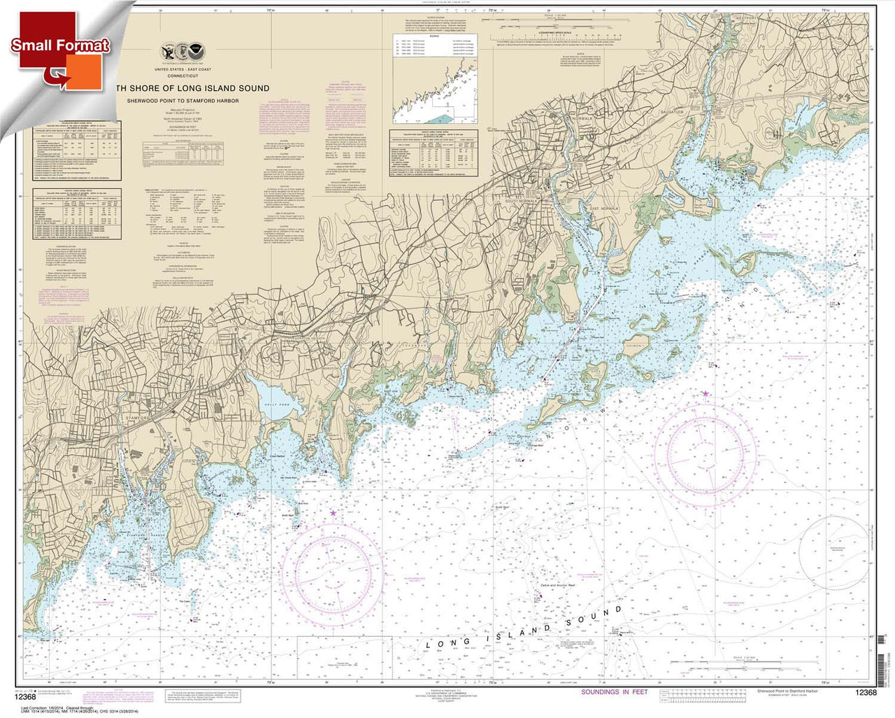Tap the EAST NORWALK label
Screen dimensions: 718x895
click(x=606, y=209)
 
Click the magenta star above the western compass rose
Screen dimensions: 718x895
click(x=332, y=514)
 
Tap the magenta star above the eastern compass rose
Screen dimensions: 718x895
click(x=705, y=394)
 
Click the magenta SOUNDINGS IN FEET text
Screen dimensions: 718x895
click(x=615, y=692)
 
